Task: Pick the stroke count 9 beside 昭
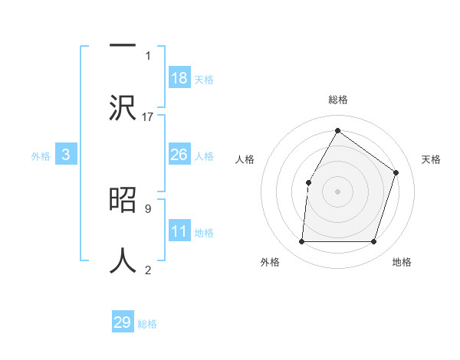pyautogui.click(x=148, y=208)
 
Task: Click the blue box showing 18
pyautogui.click(x=179, y=77)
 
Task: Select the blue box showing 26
pyautogui.click(x=179, y=155)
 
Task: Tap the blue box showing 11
pyautogui.click(x=179, y=231)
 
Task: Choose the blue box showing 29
pyautogui.click(x=123, y=322)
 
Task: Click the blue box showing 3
pyautogui.click(x=66, y=155)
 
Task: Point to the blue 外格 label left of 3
pyautogui.click(x=41, y=156)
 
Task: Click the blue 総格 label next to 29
pyautogui.click(x=148, y=324)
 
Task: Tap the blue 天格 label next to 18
pyautogui.click(x=204, y=80)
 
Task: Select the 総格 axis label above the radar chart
pyautogui.click(x=338, y=100)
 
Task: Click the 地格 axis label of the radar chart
pyautogui.click(x=402, y=262)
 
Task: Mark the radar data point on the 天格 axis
pyautogui.click(x=396, y=172)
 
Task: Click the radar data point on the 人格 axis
pyautogui.click(x=308, y=182)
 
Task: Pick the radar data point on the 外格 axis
pyautogui.click(x=301, y=242)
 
